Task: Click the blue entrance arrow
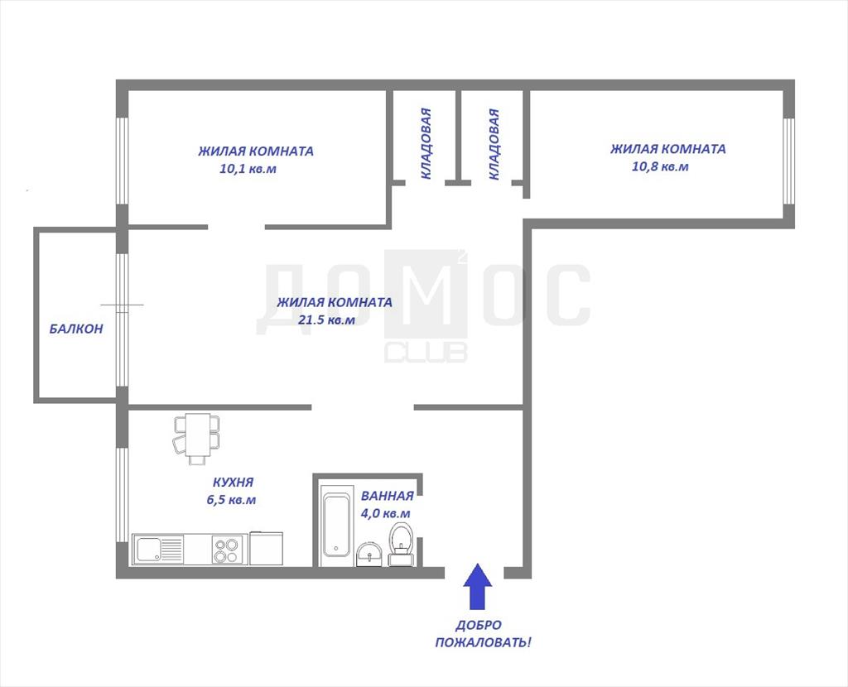[x=478, y=587]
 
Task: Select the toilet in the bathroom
[x=401, y=544]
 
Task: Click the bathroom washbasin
[x=369, y=555]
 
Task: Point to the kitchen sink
[x=148, y=549]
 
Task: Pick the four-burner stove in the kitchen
[x=227, y=549]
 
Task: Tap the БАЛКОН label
[x=76, y=329]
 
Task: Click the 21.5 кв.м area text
[x=326, y=320]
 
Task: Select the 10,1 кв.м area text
[x=248, y=169]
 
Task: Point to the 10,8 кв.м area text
[x=660, y=166]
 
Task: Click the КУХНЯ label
[x=233, y=483]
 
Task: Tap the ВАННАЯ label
[x=387, y=496]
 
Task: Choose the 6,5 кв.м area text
[x=231, y=500]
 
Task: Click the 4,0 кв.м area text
[x=385, y=513]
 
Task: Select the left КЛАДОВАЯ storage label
[x=426, y=143]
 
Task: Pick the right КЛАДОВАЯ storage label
[x=494, y=144]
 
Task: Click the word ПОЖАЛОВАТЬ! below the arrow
[x=483, y=642]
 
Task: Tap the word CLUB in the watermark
[x=426, y=353]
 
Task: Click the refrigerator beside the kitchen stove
[x=266, y=549]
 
